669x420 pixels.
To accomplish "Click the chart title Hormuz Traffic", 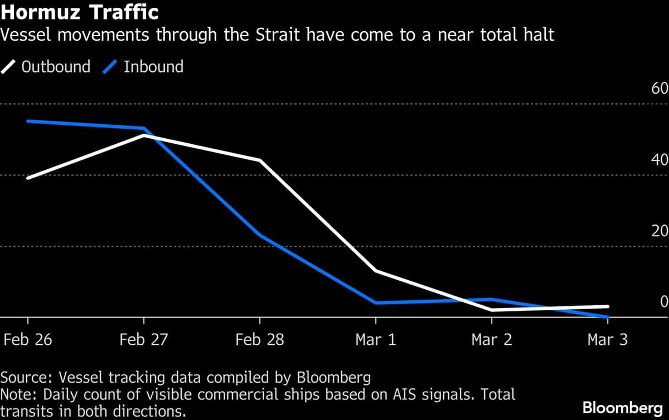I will [80, 12].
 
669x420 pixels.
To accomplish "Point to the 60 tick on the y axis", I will [660, 89].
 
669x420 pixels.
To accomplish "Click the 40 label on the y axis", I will [660, 160].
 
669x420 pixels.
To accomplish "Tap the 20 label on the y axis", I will [660, 231].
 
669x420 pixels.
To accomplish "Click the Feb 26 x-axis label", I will [28, 340].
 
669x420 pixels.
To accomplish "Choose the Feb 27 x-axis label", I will [144, 340].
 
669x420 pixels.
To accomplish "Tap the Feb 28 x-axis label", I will [260, 340].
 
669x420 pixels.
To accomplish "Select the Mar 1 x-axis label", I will [376, 340].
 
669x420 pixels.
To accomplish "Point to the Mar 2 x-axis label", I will [492, 340].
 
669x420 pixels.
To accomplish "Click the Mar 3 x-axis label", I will [607, 340].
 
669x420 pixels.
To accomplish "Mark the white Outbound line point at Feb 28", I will [260, 160].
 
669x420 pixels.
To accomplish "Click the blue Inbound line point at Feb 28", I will [260, 235].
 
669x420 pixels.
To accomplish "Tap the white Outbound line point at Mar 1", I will [376, 271].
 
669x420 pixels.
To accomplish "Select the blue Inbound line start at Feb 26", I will [28, 121].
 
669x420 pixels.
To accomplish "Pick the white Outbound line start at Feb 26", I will [28, 178].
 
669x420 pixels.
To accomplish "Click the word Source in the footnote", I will [23, 378].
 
